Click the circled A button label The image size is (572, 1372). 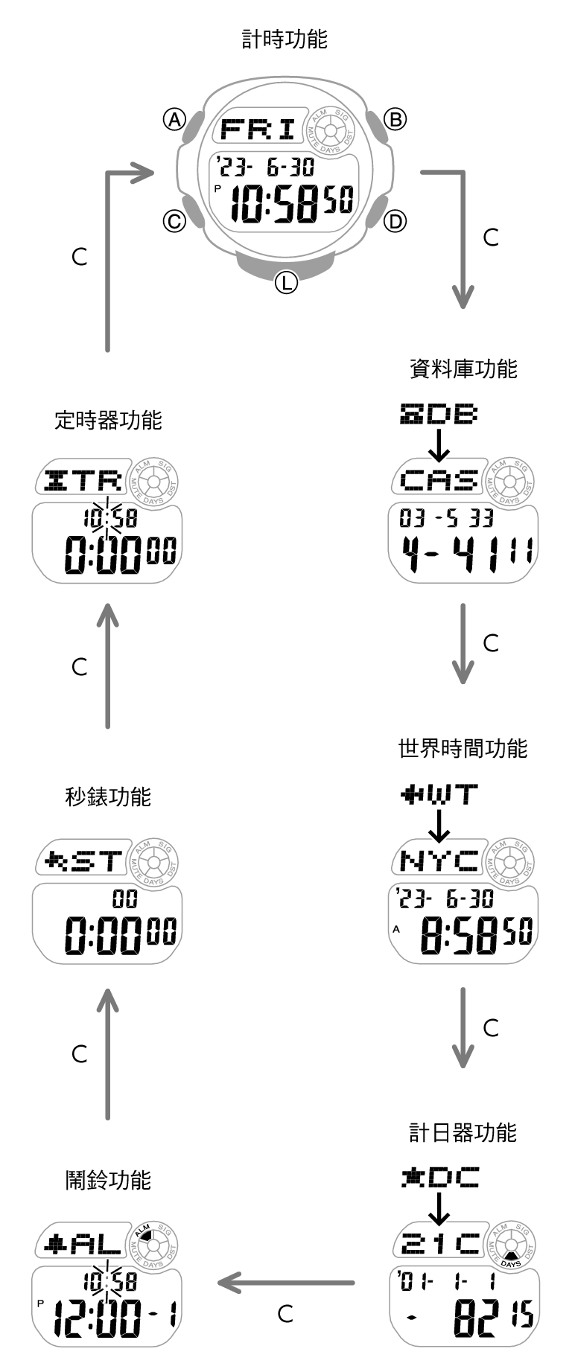174,119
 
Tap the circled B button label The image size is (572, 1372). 395,119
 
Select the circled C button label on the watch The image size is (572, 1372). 174,221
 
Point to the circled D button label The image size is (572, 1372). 395,221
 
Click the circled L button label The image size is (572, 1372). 286,282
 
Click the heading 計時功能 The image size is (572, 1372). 285,39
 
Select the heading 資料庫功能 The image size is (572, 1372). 463,368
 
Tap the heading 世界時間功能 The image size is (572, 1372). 463,748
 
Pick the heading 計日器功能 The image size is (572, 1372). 463,1133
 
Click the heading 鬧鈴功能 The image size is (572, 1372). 108,1180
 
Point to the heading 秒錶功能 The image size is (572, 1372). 108,797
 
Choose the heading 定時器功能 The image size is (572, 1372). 108,421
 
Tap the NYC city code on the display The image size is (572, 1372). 439,861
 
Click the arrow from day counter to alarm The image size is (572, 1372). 287,1283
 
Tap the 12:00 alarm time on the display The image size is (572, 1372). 98,1320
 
